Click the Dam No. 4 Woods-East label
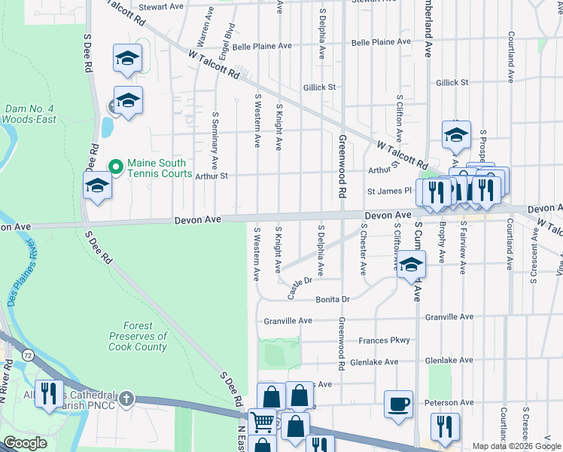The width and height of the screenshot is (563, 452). pyautogui.click(x=31, y=114)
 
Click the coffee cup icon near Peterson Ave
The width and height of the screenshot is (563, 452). pyautogui.click(x=399, y=404)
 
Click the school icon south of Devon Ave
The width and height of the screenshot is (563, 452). pyautogui.click(x=411, y=264)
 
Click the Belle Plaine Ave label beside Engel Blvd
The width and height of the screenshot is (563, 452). pyautogui.click(x=261, y=46)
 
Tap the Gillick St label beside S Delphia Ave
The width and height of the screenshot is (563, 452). pyautogui.click(x=319, y=87)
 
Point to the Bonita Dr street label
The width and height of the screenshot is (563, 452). pyautogui.click(x=335, y=299)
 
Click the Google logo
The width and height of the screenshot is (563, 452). pyautogui.click(x=25, y=443)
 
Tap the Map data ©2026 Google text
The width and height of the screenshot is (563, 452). pyautogui.click(x=516, y=446)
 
